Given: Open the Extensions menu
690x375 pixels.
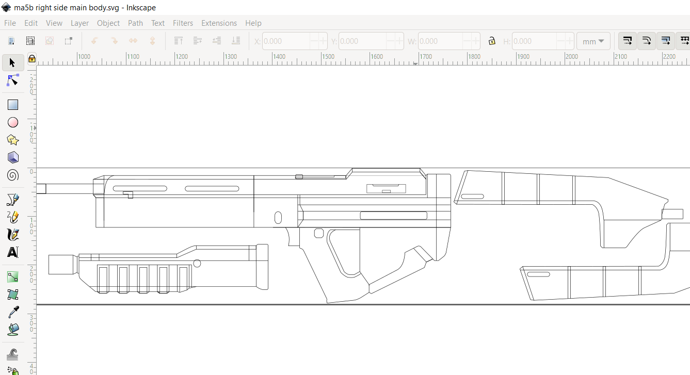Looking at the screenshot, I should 219,23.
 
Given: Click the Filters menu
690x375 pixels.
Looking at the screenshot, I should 183,23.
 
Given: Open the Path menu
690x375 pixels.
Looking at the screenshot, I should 135,23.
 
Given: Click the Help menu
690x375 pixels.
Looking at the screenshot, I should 253,23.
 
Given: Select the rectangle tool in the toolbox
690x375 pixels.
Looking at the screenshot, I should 13,105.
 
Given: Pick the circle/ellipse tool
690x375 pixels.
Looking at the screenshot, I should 13,122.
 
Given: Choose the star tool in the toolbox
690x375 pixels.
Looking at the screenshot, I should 13,140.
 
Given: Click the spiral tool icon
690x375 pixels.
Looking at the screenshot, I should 13,175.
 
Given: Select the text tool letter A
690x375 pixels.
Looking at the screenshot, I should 13,252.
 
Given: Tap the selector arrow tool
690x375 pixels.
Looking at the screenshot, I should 13,63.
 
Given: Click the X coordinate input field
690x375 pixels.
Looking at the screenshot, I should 286,41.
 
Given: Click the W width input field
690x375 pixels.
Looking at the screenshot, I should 441,41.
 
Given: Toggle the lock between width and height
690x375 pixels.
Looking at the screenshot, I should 492,41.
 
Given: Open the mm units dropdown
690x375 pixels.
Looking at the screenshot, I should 593,41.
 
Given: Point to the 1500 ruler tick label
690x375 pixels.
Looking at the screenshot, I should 328,57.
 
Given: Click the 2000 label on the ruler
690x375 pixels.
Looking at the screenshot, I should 571,57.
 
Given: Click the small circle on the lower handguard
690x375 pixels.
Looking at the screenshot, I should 197,264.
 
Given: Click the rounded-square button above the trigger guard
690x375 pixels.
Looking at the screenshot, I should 318,233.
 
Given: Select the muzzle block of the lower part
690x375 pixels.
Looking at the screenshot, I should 62,265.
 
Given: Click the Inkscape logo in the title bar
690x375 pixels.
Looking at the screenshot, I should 7,7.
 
